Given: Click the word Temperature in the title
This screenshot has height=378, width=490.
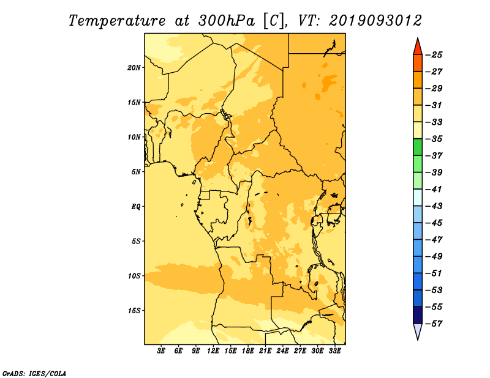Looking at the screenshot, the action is [117, 21].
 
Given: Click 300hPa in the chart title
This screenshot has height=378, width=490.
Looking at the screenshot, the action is [227, 21].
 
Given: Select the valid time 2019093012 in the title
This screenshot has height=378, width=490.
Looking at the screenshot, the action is [375, 21].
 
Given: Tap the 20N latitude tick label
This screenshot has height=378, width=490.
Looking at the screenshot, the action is [134, 67].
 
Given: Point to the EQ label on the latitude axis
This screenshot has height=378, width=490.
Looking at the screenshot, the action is [135, 206].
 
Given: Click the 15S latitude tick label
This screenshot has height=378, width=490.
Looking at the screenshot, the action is [134, 310].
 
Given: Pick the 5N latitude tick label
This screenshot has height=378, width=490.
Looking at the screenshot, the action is [136, 172].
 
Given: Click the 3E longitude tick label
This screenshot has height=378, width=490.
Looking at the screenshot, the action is [161, 350].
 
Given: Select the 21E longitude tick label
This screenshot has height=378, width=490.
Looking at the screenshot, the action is [265, 350].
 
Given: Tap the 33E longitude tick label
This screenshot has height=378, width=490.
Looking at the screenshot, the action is [334, 350].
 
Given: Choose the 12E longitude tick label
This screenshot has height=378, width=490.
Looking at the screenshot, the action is [213, 350].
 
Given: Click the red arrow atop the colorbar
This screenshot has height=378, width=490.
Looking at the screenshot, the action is [418, 46].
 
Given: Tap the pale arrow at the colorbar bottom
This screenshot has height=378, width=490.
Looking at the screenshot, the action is [418, 332].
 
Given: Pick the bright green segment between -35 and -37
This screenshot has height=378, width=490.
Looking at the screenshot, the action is [418, 147].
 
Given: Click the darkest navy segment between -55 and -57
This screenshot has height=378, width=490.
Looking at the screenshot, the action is [418, 315].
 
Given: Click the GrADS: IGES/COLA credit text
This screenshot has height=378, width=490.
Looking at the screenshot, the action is [34, 374].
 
